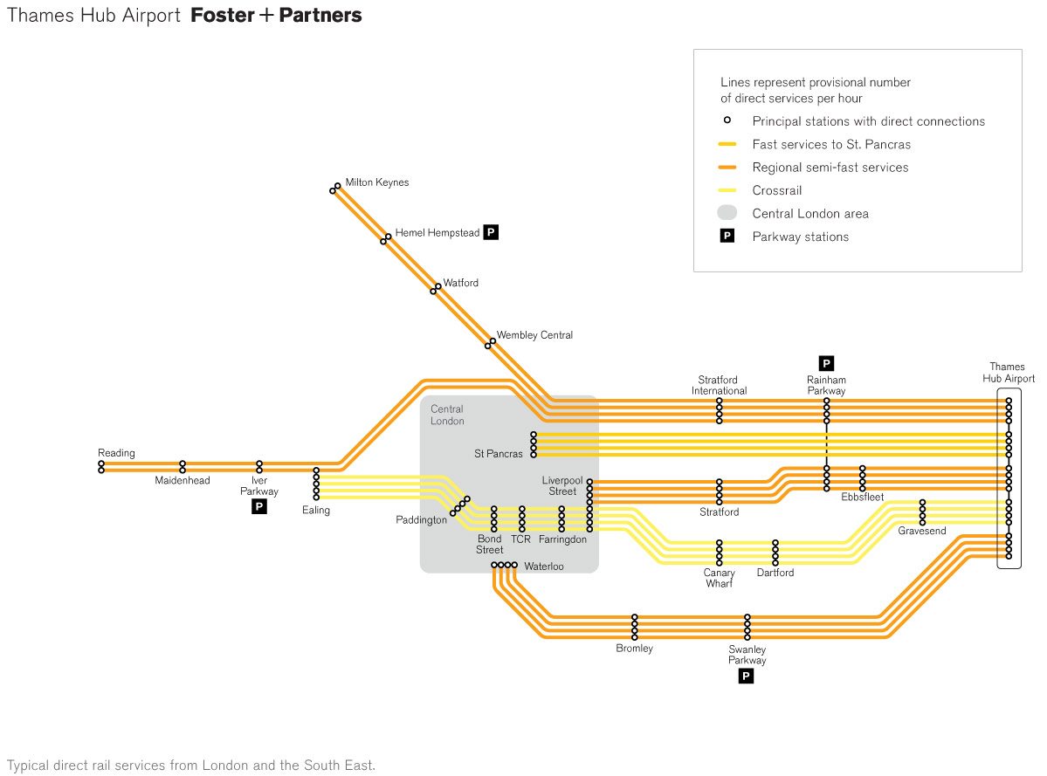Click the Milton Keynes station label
pyautogui.click(x=376, y=182)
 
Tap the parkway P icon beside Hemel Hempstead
pyautogui.click(x=491, y=232)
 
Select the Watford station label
pyautogui.click(x=460, y=283)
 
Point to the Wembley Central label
pyautogui.click(x=534, y=335)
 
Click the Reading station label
pyautogui.click(x=116, y=453)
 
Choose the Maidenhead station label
pyautogui.click(x=183, y=481)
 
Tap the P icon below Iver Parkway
pyautogui.click(x=259, y=507)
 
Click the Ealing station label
pyautogui.click(x=316, y=511)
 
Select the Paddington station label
pyautogui.click(x=422, y=520)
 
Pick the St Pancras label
pyautogui.click(x=499, y=454)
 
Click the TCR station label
pyautogui.click(x=520, y=539)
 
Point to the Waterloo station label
pyautogui.click(x=544, y=567)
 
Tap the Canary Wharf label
pyautogui.click(x=720, y=578)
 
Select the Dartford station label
pyautogui.click(x=775, y=573)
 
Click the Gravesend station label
pyautogui.click(x=921, y=531)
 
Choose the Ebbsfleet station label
pyautogui.click(x=862, y=498)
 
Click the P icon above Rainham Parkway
pyautogui.click(x=826, y=362)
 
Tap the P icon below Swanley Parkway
pyautogui.click(x=746, y=676)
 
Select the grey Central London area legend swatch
pyautogui.click(x=727, y=213)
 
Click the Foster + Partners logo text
pyautogui.click(x=276, y=16)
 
